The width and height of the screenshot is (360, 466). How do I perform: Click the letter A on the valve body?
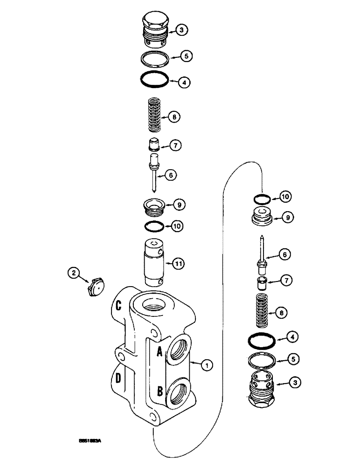(x=159, y=350)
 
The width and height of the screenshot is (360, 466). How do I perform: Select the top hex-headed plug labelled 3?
(x=153, y=30)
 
